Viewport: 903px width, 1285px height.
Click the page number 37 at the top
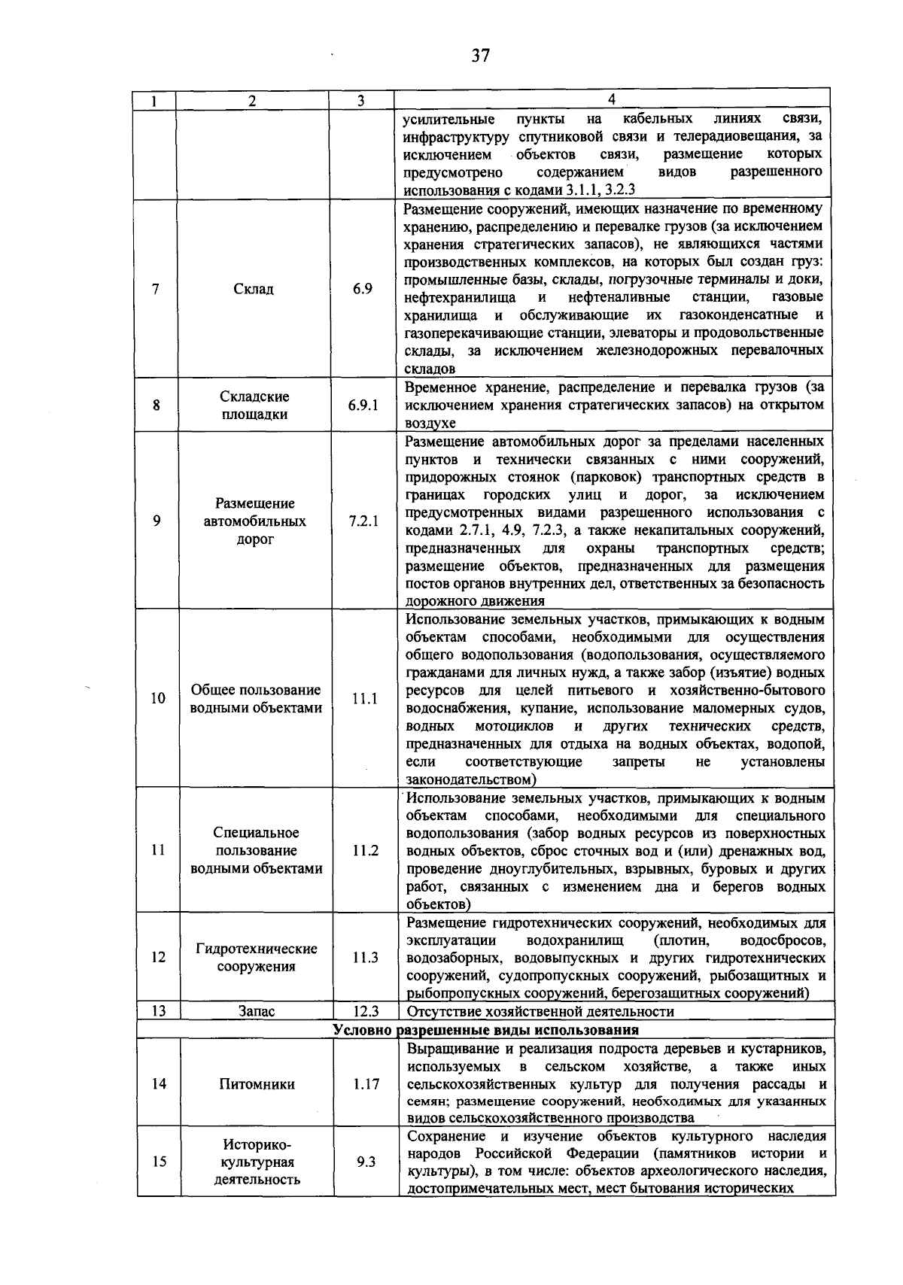tap(480, 56)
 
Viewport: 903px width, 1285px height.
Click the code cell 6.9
tap(363, 289)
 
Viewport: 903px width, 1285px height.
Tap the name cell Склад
tap(253, 289)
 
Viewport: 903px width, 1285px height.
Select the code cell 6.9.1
tap(363, 405)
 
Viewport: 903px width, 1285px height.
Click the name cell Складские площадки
tap(254, 406)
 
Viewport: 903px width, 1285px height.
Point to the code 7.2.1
tap(363, 521)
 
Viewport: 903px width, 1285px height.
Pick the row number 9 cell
tap(157, 521)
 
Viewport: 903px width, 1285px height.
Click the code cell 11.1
tap(364, 698)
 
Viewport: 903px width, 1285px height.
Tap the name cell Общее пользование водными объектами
tap(256, 699)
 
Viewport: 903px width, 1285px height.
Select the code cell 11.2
tap(365, 850)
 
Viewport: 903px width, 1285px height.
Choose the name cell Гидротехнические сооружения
tap(256, 957)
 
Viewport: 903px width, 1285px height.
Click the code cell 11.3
tap(365, 957)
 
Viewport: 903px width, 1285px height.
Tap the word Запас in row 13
tap(257, 1011)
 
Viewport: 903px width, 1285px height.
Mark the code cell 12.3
tap(366, 1011)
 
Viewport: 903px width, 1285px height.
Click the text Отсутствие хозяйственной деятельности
tap(540, 1011)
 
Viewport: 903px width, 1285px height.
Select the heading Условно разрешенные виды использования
tap(486, 1029)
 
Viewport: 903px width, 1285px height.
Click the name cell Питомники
tap(257, 1084)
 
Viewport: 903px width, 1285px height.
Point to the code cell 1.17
tap(366, 1084)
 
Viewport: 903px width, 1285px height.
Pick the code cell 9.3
tap(366, 1162)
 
